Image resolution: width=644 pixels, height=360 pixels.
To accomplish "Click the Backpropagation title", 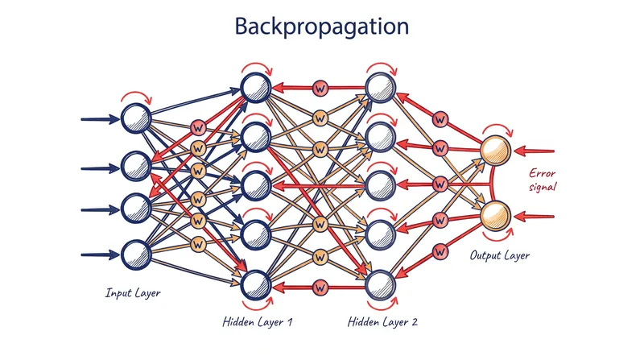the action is click(x=321, y=27).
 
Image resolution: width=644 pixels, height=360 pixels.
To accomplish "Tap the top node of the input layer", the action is click(x=136, y=118).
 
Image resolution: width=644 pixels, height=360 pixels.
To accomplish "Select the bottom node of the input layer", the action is click(x=136, y=254).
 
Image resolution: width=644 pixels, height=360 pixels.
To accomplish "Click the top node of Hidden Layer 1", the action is click(x=256, y=88).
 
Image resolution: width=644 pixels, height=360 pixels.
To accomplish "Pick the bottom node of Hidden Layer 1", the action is click(x=256, y=285).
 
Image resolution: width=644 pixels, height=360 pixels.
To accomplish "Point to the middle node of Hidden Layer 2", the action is click(x=380, y=186).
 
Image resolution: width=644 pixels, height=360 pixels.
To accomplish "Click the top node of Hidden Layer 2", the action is click(x=381, y=88).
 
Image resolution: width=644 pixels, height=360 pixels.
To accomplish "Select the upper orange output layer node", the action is click(x=496, y=151).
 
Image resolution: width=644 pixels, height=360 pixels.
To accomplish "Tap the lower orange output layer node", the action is click(x=496, y=216).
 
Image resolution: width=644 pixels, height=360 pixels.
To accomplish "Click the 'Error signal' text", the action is click(x=543, y=180).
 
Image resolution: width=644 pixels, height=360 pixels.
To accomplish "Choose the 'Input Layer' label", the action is click(x=133, y=293).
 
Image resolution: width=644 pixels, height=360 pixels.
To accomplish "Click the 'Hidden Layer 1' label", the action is click(x=258, y=321).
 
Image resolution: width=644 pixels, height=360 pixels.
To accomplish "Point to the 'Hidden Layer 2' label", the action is click(x=383, y=321).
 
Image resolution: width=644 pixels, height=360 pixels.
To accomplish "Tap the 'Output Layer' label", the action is click(x=499, y=255).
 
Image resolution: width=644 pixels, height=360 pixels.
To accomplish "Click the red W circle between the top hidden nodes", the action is click(x=320, y=88).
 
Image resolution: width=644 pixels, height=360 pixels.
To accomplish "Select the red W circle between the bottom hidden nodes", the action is click(x=320, y=288).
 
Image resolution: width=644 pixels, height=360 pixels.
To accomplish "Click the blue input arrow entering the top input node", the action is click(x=101, y=119).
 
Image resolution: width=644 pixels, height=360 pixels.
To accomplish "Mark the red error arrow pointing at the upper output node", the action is click(x=534, y=151).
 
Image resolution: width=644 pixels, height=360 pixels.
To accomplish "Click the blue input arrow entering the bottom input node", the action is click(x=101, y=254).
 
